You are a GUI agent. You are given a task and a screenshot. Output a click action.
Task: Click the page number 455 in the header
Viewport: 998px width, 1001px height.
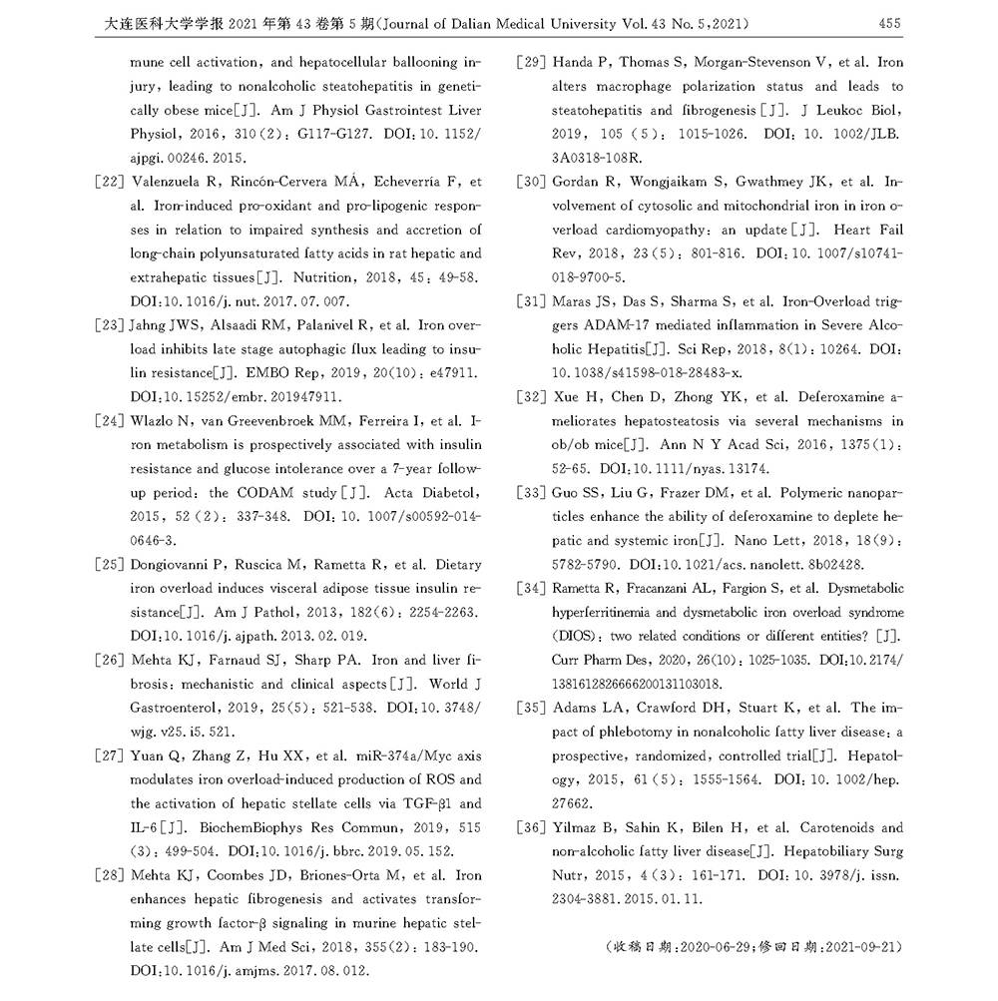pos(890,22)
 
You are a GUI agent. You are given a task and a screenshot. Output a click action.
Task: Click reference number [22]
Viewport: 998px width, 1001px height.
pos(114,182)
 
